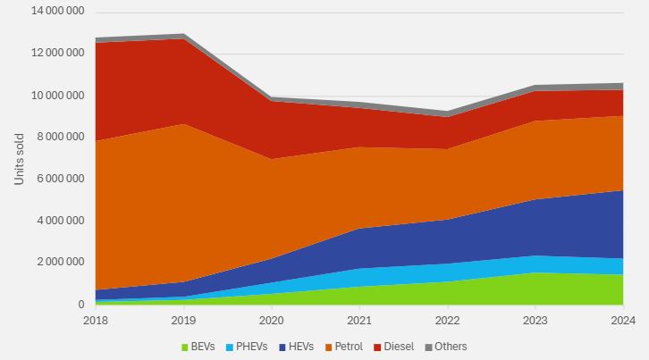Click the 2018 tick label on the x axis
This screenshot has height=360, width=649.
(95, 320)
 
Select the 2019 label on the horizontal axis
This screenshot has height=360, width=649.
(183, 320)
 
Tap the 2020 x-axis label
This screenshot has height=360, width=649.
(271, 320)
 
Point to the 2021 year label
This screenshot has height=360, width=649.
(359, 320)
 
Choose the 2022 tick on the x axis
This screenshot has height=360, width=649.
(447, 320)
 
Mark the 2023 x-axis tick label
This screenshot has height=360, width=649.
(535, 320)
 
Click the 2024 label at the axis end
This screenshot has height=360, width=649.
(622, 320)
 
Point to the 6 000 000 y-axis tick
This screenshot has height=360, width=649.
(59, 179)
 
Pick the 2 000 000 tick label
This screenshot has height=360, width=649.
(59, 263)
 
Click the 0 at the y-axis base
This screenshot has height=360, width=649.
(80, 305)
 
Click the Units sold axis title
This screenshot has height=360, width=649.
(20, 159)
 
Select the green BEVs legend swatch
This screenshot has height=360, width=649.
(185, 347)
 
